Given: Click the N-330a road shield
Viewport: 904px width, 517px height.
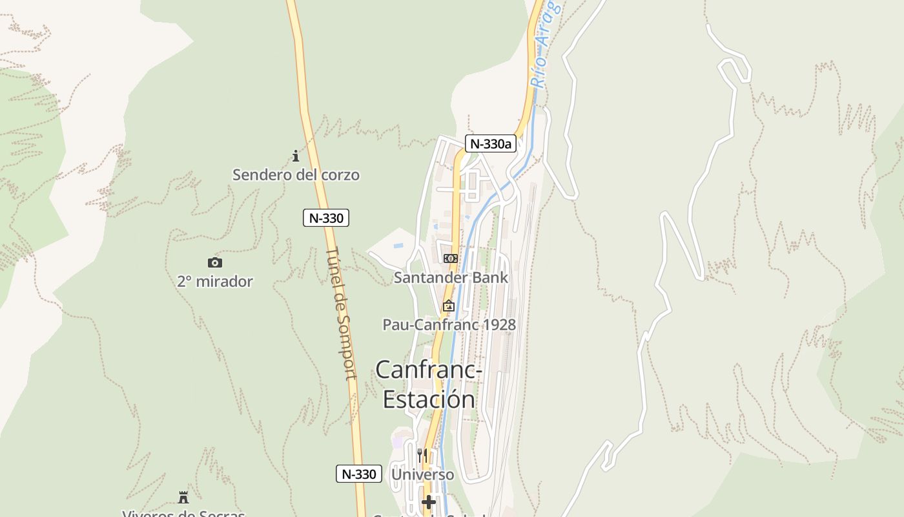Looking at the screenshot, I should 491,143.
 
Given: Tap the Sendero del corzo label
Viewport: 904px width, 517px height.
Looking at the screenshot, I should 296,174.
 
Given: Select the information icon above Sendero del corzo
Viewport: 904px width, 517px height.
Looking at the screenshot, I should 296,156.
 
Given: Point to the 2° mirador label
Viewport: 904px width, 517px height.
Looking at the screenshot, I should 215,281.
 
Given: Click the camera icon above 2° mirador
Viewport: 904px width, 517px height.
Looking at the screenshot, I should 215,262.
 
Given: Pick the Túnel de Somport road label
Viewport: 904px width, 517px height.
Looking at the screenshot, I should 342,313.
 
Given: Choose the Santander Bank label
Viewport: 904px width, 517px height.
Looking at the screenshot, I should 451,277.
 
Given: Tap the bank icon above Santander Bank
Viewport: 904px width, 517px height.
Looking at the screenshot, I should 451,258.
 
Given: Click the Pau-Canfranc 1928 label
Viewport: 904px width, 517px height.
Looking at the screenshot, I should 449,324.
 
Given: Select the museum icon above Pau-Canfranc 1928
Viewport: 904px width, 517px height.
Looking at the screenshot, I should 449,306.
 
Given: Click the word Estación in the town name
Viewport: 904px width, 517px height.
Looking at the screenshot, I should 429,399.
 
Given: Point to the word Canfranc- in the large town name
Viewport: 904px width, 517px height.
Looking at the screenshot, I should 429,370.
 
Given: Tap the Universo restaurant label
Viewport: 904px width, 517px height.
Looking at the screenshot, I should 423,474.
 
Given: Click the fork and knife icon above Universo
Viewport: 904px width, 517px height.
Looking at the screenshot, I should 422,455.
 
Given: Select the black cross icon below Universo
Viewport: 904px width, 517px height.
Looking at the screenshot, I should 429,501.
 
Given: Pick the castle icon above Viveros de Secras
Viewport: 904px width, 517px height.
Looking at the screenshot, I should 183,497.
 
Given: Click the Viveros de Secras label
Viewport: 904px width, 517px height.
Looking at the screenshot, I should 183,513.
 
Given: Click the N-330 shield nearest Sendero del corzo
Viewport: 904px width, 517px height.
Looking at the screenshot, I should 326,218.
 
